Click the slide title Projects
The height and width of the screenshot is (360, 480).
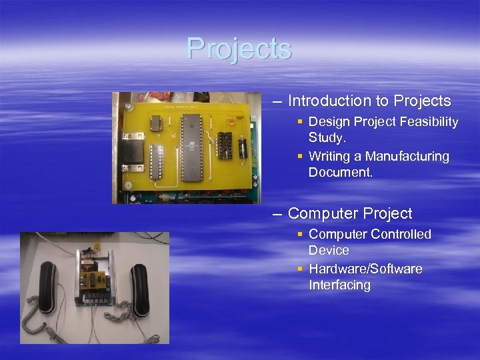coord(239,48)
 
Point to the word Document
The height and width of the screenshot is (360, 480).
coord(340,172)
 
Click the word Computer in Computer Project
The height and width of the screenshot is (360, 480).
coord(324,214)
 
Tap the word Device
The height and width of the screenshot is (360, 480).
coord(329,251)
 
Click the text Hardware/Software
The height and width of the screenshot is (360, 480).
coord(365,269)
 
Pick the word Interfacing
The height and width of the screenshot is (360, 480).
coord(339,285)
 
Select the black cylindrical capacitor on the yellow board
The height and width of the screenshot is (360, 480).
coord(243,147)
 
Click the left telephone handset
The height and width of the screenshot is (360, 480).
coord(49,288)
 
